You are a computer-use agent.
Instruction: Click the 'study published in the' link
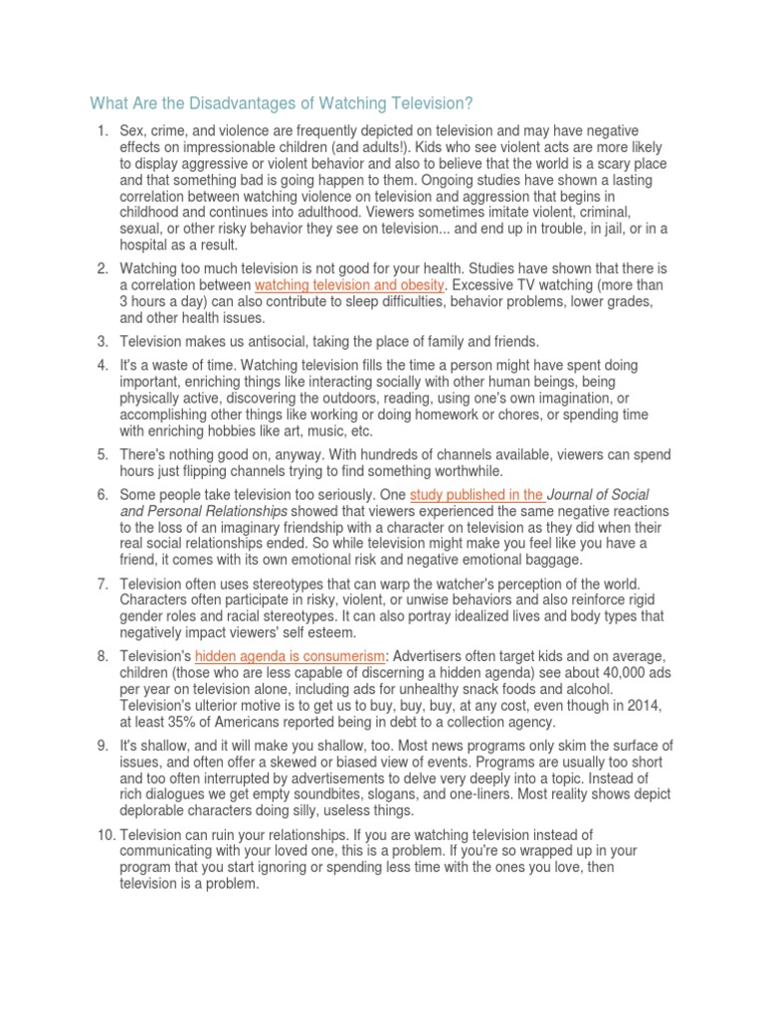[x=476, y=494]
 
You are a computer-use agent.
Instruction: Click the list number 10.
[x=98, y=809]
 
